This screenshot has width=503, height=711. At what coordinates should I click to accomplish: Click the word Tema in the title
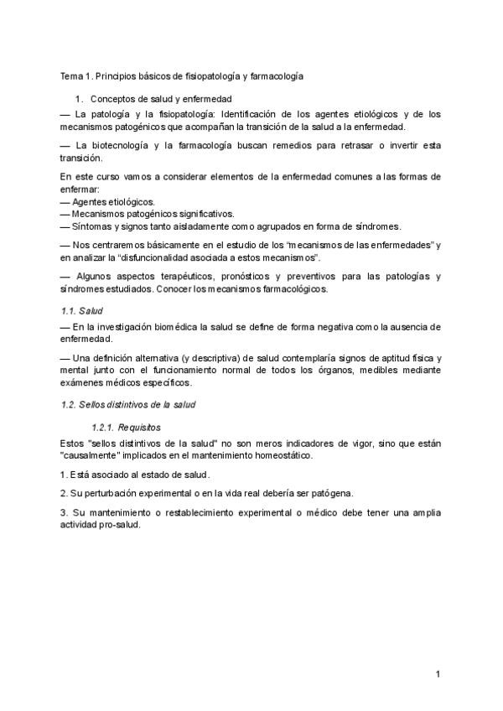[x=70, y=76]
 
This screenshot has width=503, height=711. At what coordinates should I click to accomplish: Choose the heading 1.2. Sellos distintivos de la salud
[x=128, y=404]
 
